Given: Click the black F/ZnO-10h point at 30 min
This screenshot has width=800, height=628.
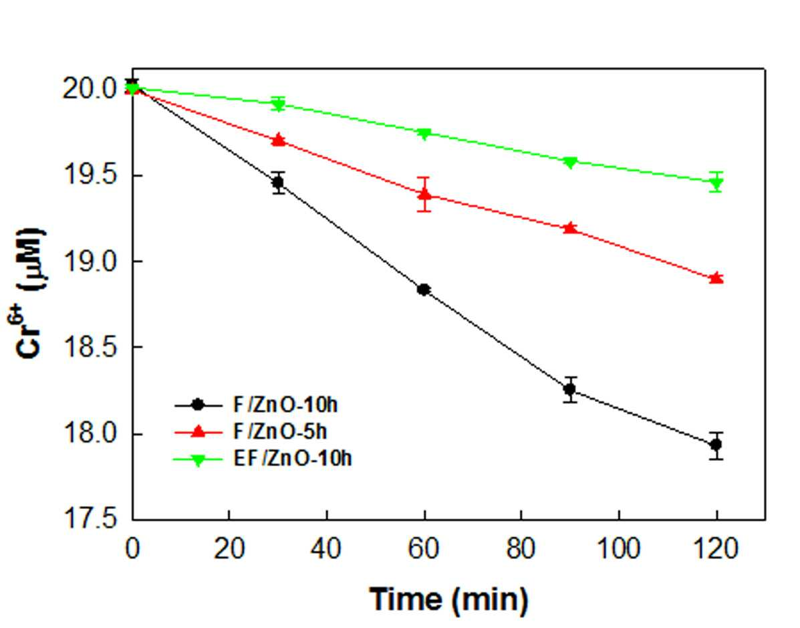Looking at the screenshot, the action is [x=278, y=183].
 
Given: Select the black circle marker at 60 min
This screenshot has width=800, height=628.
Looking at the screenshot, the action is [x=424, y=290].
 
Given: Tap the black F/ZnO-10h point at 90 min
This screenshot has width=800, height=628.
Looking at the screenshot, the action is [x=570, y=389].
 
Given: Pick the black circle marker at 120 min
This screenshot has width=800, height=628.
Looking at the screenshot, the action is [x=716, y=445].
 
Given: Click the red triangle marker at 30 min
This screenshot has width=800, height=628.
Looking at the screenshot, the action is [x=278, y=139].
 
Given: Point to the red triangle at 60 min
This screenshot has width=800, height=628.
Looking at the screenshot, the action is [x=424, y=194].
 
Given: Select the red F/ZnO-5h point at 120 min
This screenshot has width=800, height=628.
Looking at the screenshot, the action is [x=716, y=278].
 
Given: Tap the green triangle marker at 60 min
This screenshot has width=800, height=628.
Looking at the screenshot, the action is [x=424, y=134].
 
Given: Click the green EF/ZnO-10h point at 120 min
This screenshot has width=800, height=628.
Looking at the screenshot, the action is [x=716, y=183].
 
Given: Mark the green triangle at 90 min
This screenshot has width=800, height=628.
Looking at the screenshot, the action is [x=570, y=163].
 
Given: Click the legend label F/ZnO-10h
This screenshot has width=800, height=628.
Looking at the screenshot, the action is [x=285, y=405].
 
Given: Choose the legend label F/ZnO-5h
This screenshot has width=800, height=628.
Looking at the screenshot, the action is [x=279, y=432].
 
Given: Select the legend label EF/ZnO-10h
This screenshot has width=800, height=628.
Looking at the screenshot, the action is [x=292, y=459].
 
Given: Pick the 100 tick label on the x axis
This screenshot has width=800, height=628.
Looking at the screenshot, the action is [x=618, y=549].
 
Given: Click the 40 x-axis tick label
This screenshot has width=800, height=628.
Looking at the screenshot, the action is [x=326, y=549].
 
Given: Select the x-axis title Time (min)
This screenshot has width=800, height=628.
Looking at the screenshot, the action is [x=449, y=599].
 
